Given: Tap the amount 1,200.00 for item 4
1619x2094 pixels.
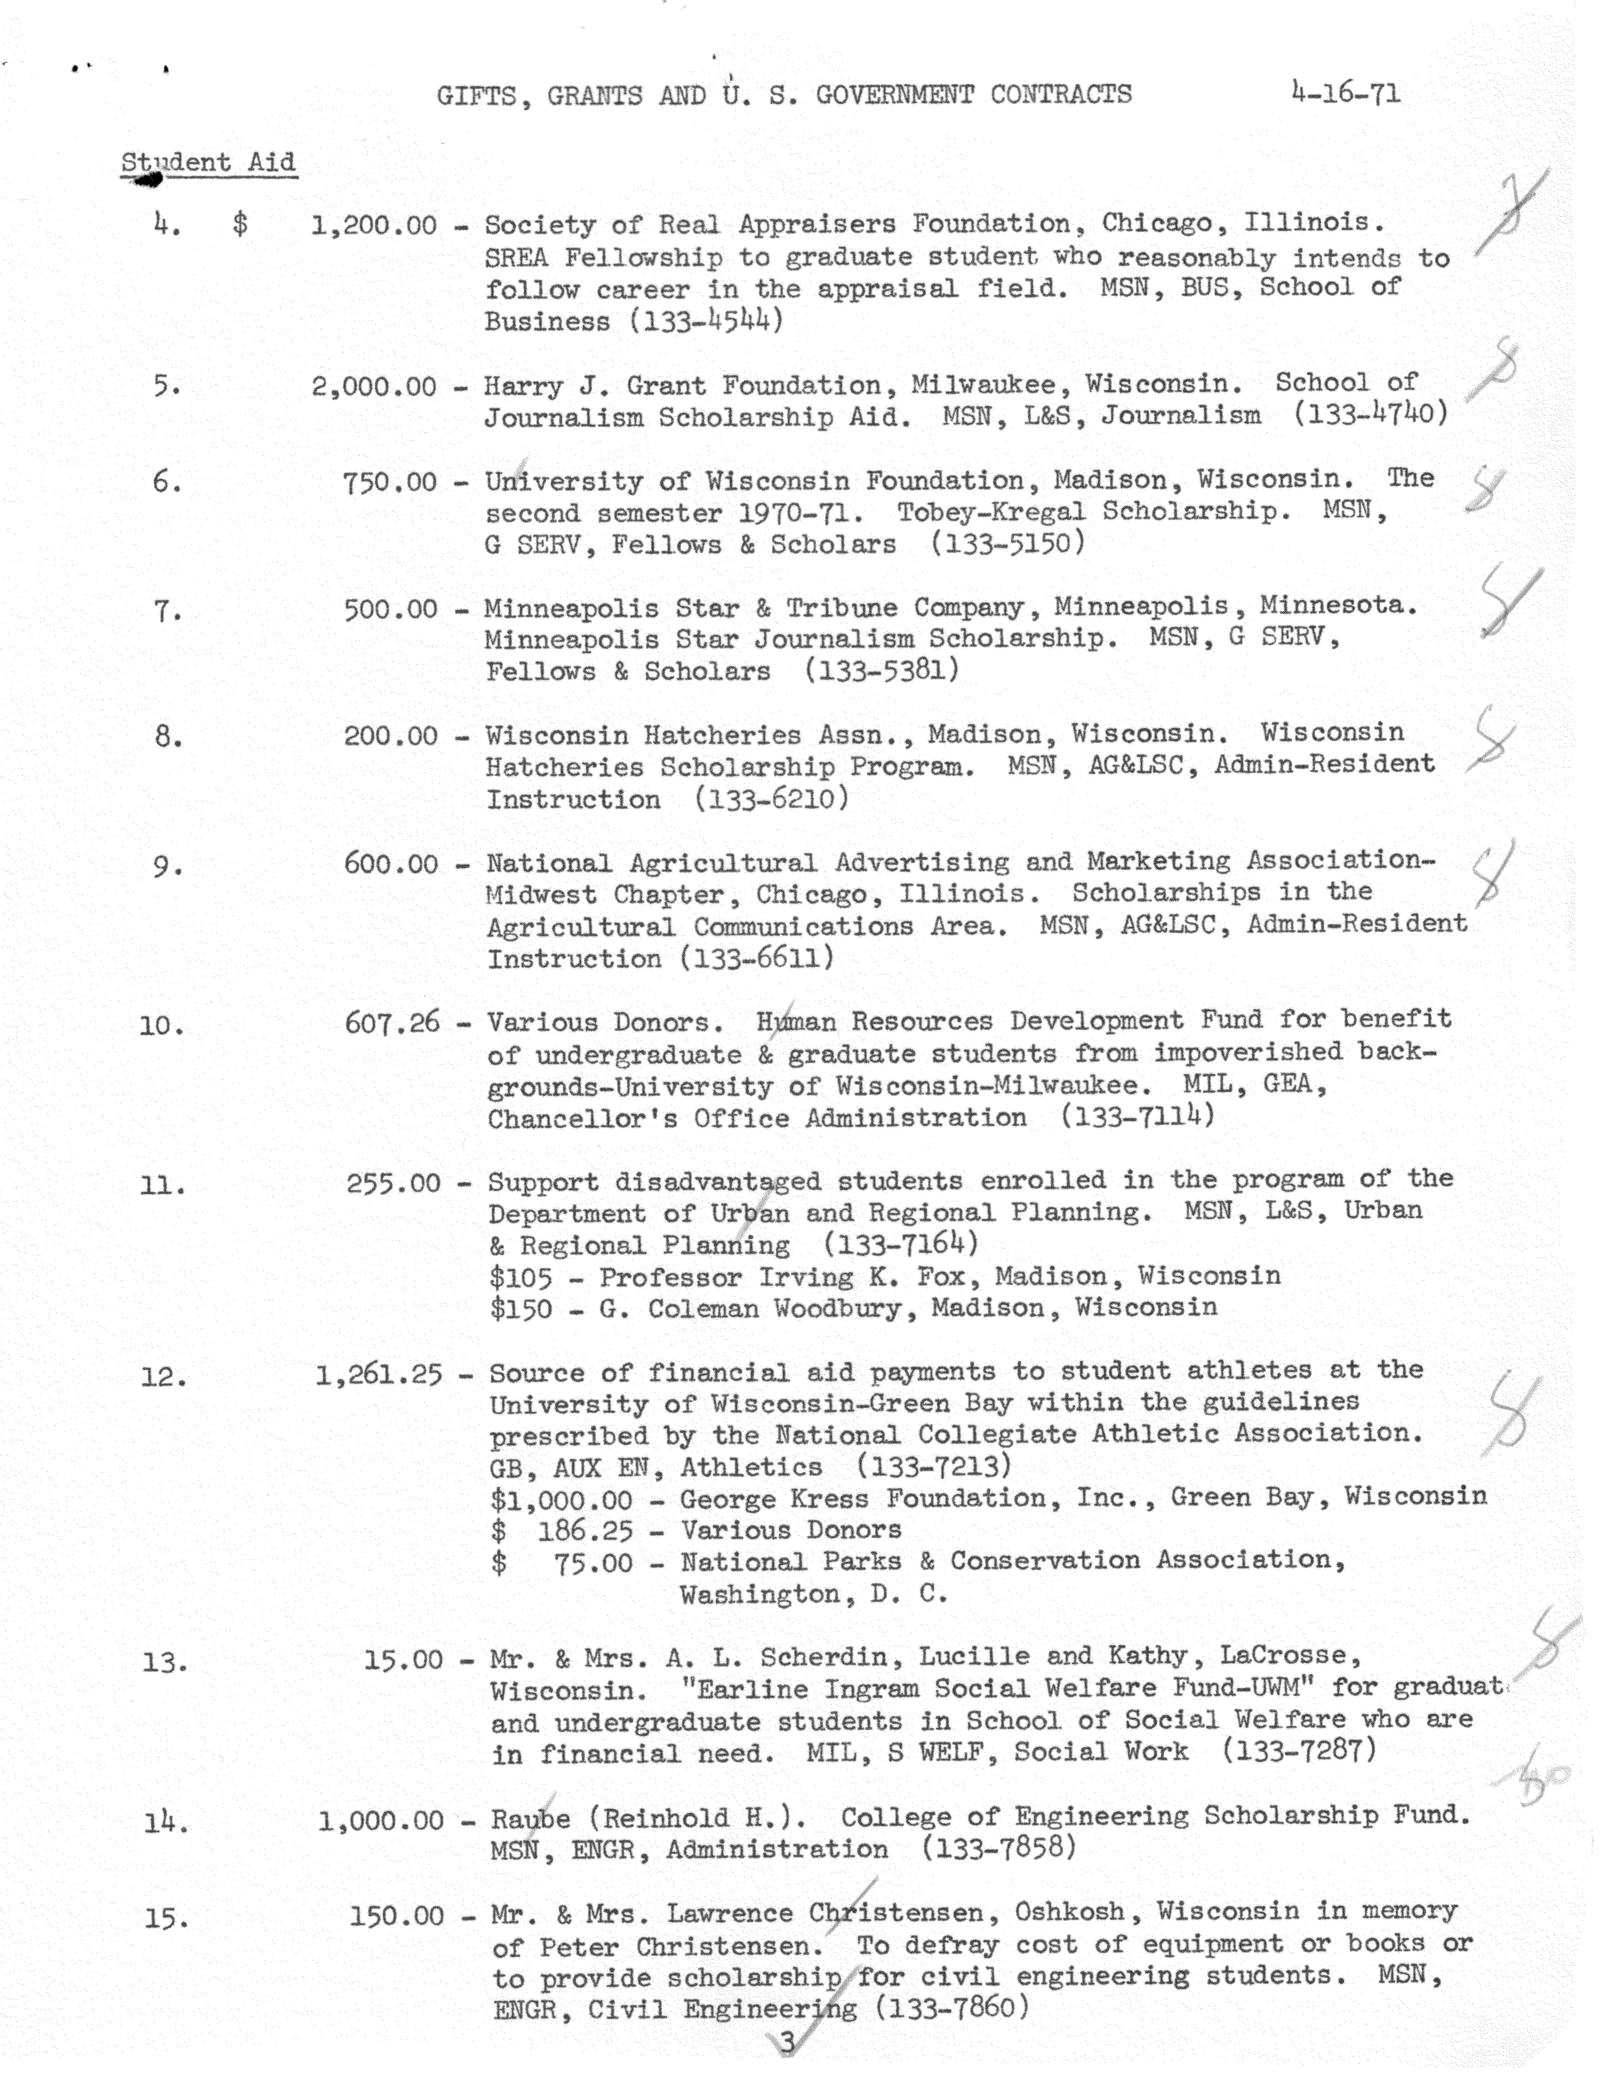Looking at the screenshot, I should tap(374, 226).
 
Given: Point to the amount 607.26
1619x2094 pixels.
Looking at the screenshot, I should tap(392, 1023).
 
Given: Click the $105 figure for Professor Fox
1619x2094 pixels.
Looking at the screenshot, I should tap(521, 1278).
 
